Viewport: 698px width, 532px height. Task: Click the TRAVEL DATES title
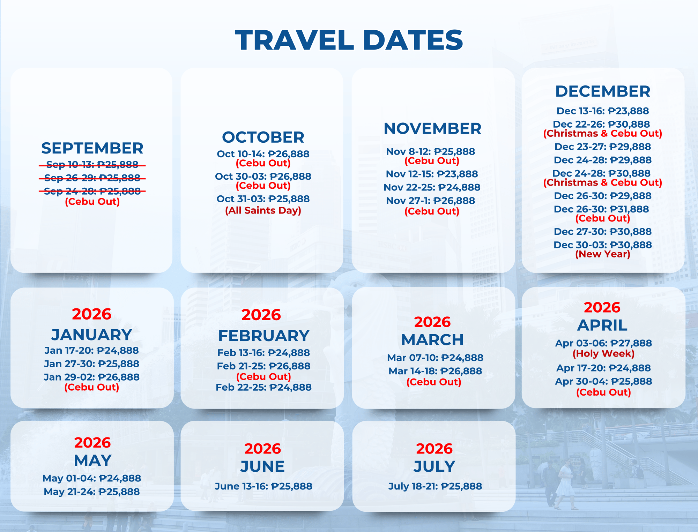tap(349, 40)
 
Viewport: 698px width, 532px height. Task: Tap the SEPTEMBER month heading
tap(92, 148)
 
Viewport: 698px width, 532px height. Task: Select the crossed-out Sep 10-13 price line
tap(92, 164)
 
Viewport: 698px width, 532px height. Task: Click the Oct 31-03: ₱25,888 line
tap(263, 199)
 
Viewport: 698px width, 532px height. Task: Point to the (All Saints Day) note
tap(263, 210)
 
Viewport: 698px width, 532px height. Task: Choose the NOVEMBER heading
tap(432, 128)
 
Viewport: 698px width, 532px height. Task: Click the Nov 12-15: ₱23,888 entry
tap(432, 174)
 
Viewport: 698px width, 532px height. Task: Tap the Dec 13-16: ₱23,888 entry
tap(603, 111)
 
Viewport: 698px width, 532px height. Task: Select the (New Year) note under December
tap(603, 254)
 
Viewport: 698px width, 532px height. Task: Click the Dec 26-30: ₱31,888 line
tap(603, 209)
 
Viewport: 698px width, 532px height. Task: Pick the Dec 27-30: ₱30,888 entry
tap(603, 231)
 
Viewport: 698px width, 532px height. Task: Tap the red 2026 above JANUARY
tap(92, 314)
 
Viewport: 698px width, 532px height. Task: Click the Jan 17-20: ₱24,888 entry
tap(92, 350)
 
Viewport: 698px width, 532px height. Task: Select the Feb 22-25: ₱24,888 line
tap(263, 387)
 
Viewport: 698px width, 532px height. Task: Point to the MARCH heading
tap(432, 340)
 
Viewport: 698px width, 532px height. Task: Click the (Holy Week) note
tap(603, 353)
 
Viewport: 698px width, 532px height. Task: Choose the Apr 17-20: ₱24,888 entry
tap(603, 368)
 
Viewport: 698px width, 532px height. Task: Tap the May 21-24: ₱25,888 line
tap(92, 492)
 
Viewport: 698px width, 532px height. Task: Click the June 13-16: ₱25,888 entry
tap(263, 486)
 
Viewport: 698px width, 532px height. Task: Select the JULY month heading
tap(435, 466)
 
